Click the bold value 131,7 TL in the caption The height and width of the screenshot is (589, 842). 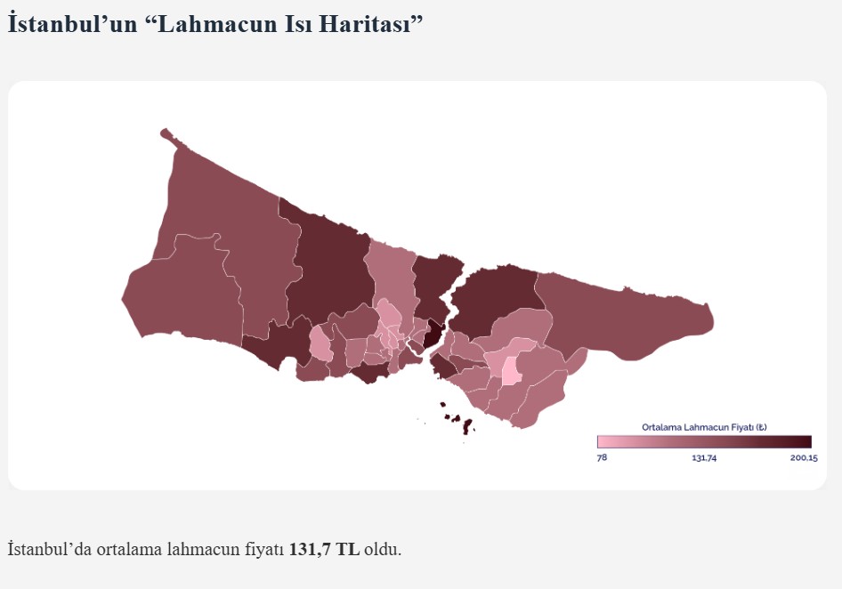[x=325, y=549]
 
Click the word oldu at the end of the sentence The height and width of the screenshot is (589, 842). [x=382, y=549]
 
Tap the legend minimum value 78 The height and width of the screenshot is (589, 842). [x=602, y=457]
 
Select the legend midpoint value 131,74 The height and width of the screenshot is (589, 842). [x=704, y=457]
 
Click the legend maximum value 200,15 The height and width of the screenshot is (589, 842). [x=802, y=457]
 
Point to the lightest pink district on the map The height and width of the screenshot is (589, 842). [x=511, y=370]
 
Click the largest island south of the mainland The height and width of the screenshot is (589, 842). [x=467, y=426]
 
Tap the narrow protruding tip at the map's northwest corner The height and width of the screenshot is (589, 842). [x=166, y=134]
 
